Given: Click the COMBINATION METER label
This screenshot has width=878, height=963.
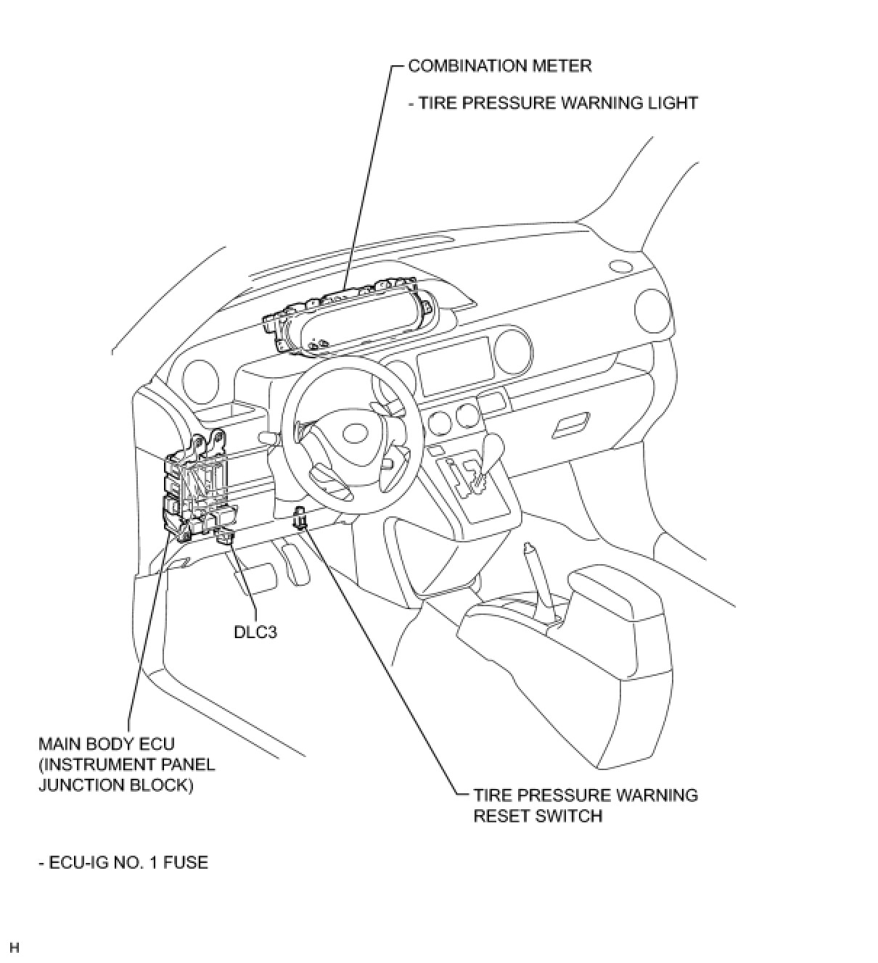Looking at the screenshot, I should pos(500,66).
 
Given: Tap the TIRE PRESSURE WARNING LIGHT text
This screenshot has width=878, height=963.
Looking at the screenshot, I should pos(553,103).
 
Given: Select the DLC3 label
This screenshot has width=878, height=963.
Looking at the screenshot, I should pos(255,632).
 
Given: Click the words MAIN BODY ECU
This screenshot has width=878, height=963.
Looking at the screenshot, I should pos(107,744).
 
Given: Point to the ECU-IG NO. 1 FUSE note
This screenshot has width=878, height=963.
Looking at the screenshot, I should pos(123,863).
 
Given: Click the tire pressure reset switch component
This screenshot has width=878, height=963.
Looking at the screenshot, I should pos(300,519).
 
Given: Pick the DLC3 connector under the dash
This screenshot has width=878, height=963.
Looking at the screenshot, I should pos(224,536).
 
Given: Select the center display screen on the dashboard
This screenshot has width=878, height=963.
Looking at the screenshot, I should pos(455,365).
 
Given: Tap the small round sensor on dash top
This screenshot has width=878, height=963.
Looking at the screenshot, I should pos(620,266).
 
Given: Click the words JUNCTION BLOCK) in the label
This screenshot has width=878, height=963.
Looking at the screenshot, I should pos(115,785).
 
